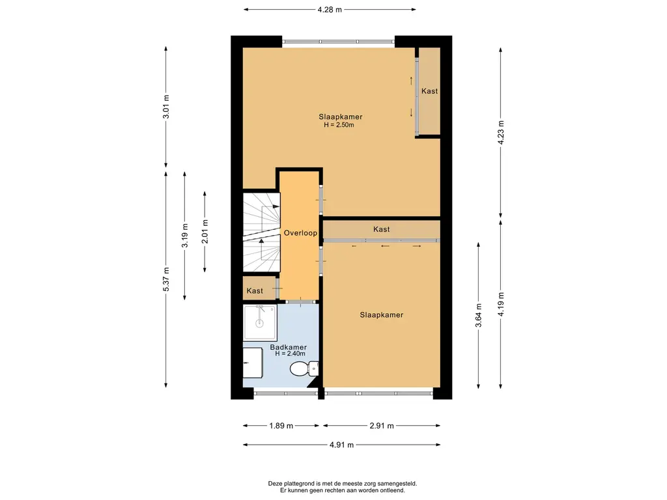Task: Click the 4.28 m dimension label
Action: (330, 9)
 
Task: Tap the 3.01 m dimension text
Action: (166, 106)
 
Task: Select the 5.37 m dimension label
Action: (166, 279)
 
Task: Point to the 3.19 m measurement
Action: (184, 236)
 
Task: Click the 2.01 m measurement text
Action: (205, 231)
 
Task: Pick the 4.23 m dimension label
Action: (501, 132)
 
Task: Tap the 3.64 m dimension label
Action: (479, 315)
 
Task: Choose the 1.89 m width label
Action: (281, 426)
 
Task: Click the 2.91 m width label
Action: (382, 426)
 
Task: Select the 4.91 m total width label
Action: (341, 445)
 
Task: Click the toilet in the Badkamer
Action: (304, 368)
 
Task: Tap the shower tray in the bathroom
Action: (260, 323)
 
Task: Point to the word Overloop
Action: (300, 233)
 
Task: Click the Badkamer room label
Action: (289, 348)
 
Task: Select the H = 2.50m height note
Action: (339, 125)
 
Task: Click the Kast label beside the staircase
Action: (255, 291)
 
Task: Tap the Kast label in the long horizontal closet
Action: (381, 229)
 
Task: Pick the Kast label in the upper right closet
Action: (430, 91)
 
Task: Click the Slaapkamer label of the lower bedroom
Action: (382, 315)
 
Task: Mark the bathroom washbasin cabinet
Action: (252, 363)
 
